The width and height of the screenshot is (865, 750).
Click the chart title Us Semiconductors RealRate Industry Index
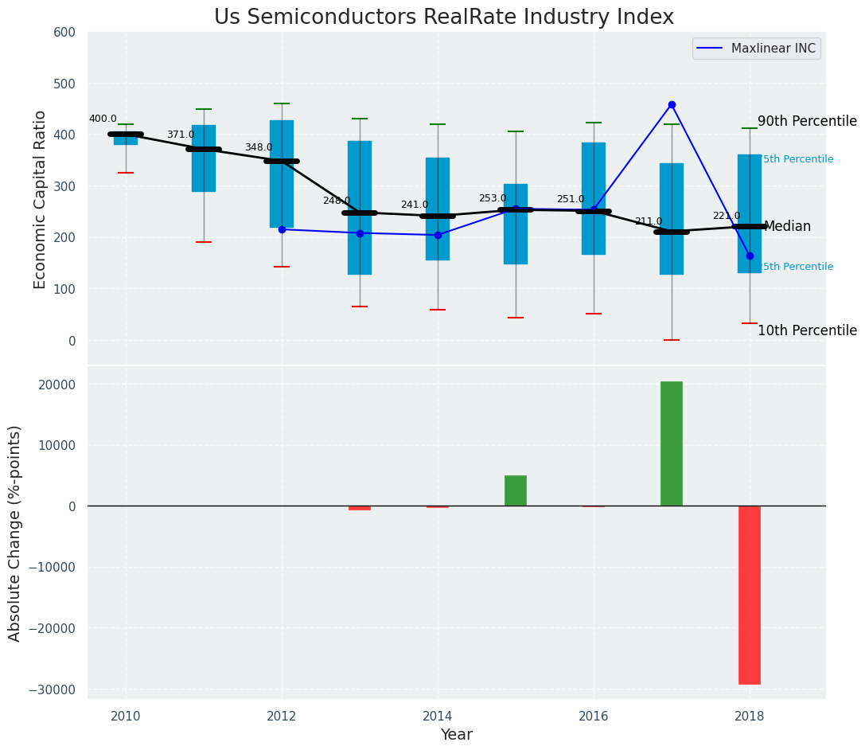(444, 18)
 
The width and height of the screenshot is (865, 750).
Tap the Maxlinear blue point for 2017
(672, 104)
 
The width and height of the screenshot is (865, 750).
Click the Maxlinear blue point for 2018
(750, 256)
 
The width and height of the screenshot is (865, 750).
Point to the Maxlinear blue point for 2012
(282, 229)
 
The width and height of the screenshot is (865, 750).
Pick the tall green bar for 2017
(672, 443)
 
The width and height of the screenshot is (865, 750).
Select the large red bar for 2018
(750, 595)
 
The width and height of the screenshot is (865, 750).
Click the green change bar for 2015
(516, 490)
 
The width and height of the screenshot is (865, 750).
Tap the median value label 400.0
(103, 119)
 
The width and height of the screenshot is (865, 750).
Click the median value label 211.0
(649, 221)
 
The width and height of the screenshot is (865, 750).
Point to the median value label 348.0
(259, 147)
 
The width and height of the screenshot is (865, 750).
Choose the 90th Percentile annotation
(807, 122)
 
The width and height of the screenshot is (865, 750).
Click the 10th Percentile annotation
(807, 330)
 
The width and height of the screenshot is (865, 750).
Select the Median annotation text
(787, 227)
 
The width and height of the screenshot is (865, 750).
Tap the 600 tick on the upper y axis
(64, 32)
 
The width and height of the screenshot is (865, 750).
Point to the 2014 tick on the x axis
(438, 716)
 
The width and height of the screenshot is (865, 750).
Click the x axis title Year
(457, 735)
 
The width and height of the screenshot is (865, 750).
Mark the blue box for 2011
(204, 158)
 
